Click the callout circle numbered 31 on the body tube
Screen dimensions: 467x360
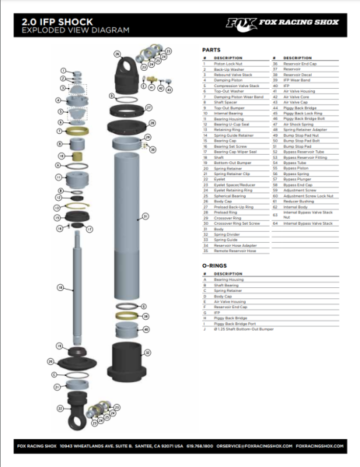pyautogui.click(x=144, y=216)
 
